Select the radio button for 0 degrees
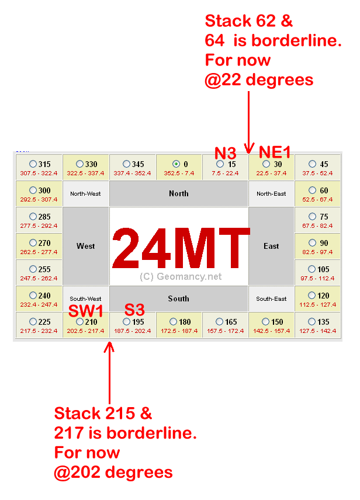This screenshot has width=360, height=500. coord(176,164)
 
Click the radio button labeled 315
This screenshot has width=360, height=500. coord(33,164)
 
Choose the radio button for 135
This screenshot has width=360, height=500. coord(313,322)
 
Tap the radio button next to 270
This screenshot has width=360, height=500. coord(33,243)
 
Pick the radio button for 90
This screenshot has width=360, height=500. coord(313,243)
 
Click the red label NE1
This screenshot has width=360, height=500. coord(275,152)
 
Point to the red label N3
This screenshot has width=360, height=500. coord(225,154)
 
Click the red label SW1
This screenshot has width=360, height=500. coord(86,311)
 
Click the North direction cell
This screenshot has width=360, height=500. coord(179,193)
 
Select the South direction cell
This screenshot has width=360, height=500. coord(179,298)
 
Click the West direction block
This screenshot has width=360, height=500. coord(85,246)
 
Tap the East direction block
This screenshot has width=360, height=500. coord(271,246)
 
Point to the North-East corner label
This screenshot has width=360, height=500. coord(271,193)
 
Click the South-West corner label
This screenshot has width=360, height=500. coord(85,298)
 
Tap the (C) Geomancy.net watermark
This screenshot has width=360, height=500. coord(181,277)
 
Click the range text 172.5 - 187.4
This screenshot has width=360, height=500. coord(179,331)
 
